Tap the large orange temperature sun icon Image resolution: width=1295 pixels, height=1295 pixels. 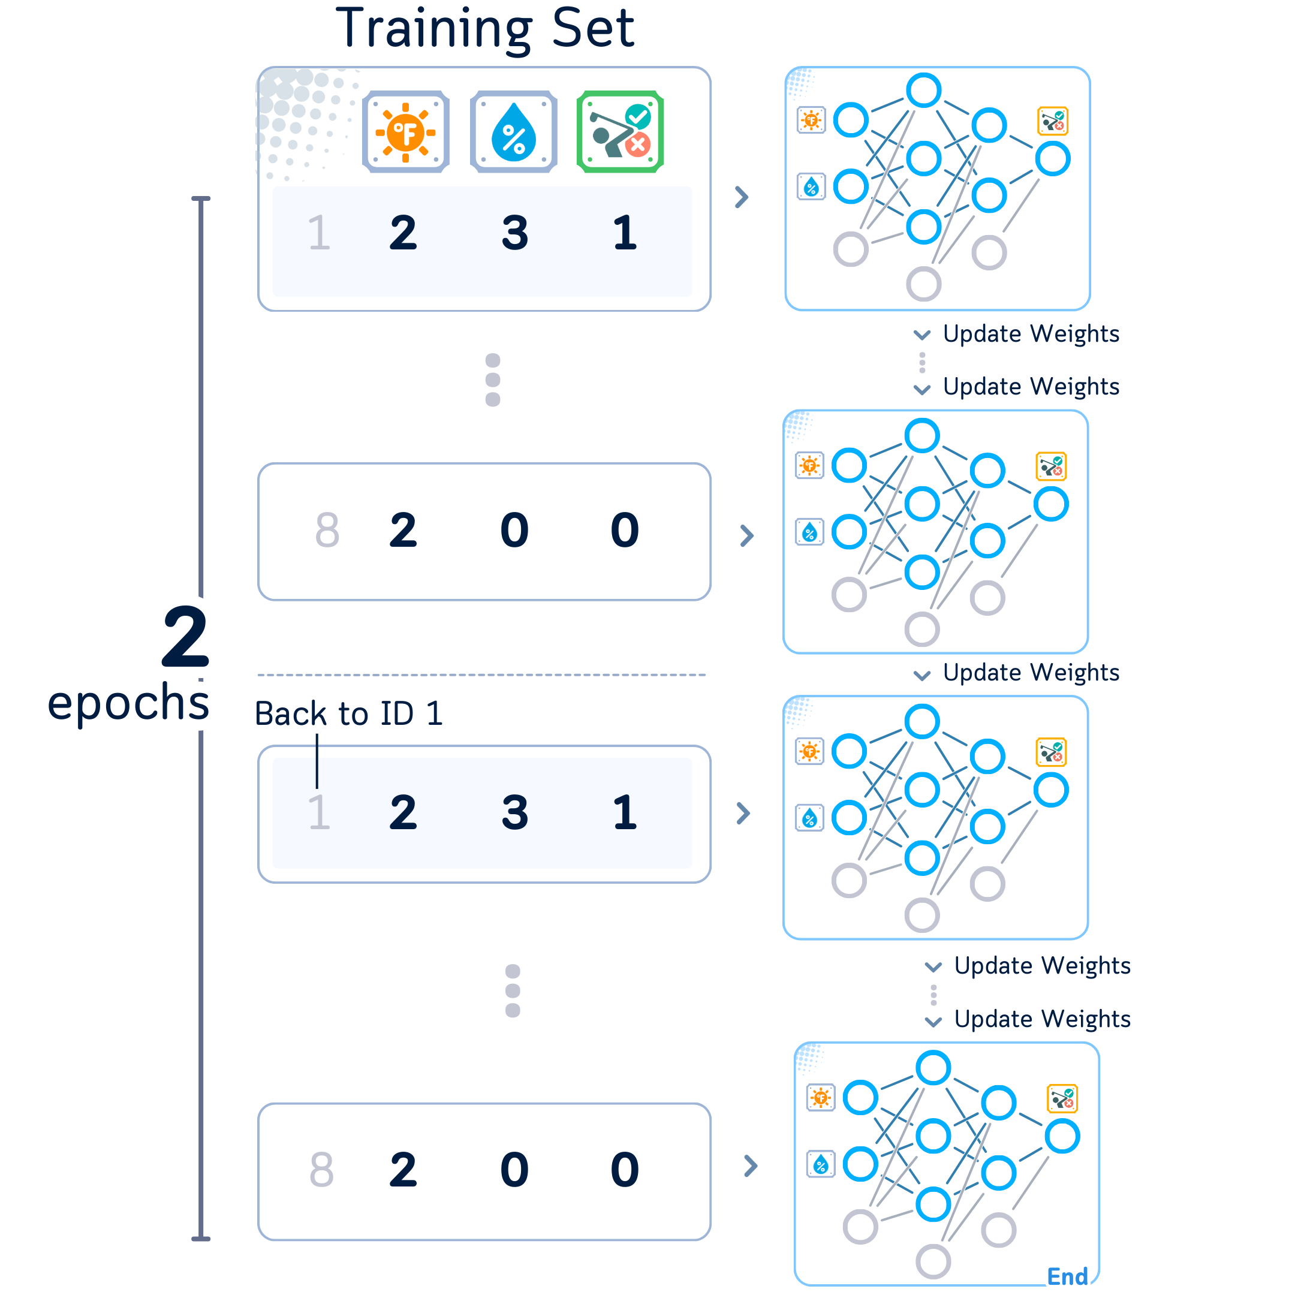pos(405,132)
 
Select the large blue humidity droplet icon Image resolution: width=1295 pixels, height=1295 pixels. pos(513,132)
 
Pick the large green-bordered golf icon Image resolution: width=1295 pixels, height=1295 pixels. pos(620,132)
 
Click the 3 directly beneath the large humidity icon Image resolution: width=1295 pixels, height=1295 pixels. pos(515,233)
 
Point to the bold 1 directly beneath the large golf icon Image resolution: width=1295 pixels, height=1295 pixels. pos(625,233)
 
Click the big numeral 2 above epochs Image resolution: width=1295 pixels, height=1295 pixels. pos(186,636)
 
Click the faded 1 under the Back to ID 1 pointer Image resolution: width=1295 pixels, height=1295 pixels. pos(319,813)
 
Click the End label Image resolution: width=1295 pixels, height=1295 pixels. pos(1067,1277)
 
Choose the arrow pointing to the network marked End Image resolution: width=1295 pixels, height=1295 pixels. pos(751,1166)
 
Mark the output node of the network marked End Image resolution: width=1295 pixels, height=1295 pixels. pos(1062,1137)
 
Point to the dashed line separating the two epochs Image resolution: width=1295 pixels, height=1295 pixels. pos(481,675)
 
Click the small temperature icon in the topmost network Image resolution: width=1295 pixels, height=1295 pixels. pos(811,121)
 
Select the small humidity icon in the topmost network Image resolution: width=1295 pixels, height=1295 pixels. pos(811,187)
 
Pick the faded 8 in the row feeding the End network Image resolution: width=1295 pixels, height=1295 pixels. pos(322,1170)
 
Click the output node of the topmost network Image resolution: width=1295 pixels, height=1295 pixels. pos(1052,159)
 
